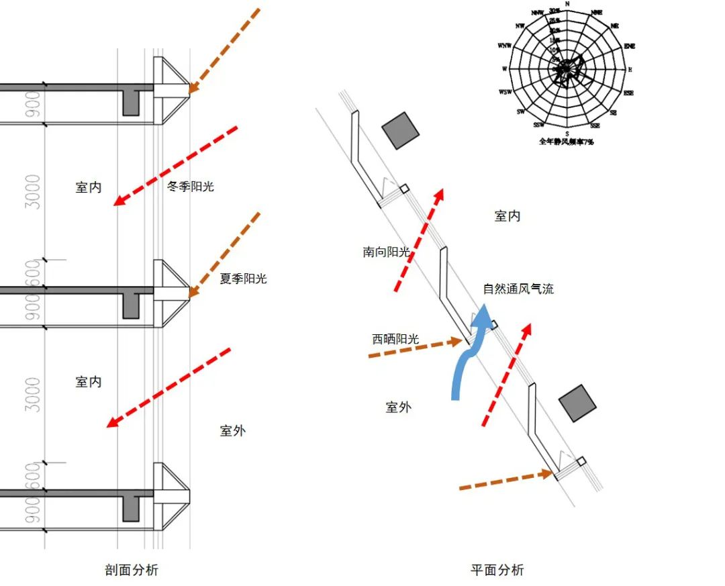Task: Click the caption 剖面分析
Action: click(132, 571)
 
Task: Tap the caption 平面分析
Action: click(497, 571)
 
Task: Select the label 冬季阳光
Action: click(190, 187)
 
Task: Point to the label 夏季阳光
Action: click(243, 278)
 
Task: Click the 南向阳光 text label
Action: click(386, 252)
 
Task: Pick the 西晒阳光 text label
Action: click(395, 339)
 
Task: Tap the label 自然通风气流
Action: click(518, 289)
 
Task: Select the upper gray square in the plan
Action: click(400, 130)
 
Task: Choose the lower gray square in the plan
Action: click(578, 403)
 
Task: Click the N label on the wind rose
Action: click(568, 4)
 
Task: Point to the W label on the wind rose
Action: click(504, 68)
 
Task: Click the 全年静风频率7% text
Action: click(567, 142)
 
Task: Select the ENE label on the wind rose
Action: click(629, 46)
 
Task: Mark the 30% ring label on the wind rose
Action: click(554, 11)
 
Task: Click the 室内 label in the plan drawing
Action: click(507, 216)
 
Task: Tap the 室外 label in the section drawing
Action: click(232, 431)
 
